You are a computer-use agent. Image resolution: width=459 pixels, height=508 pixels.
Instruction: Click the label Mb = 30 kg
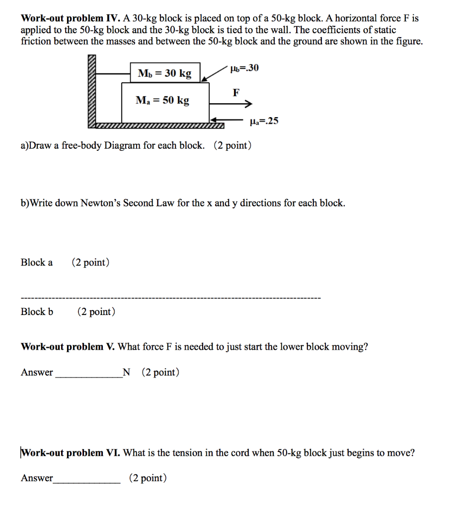pyautogui.click(x=164, y=73)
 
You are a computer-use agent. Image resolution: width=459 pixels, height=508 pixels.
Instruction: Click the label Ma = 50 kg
pyautogui.click(x=162, y=100)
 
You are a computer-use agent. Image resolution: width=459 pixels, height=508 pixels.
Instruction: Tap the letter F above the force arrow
pyautogui.click(x=236, y=92)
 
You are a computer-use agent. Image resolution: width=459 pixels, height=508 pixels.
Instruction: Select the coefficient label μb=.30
pyautogui.click(x=244, y=68)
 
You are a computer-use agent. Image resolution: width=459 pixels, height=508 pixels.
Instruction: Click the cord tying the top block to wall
pyautogui.click(x=113, y=73)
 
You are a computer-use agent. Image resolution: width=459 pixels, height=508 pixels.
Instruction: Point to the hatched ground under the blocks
pyautogui.click(x=159, y=126)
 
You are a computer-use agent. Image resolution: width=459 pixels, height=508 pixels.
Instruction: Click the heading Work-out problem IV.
pyautogui.click(x=68, y=19)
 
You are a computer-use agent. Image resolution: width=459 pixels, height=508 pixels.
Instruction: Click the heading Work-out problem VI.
pyautogui.click(x=70, y=452)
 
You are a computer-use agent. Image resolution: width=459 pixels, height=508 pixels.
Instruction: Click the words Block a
pyautogui.click(x=36, y=262)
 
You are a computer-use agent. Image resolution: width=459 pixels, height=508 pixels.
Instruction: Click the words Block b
pyautogui.click(x=37, y=312)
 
